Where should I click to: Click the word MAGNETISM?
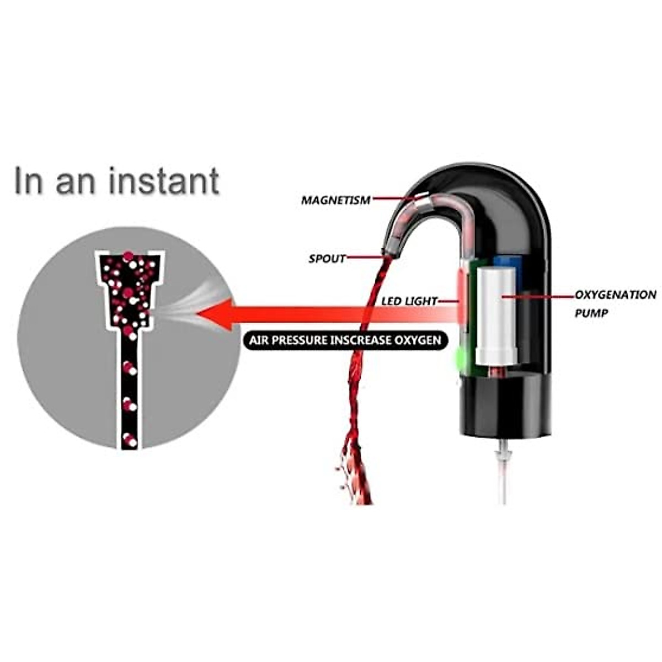[x=335, y=200]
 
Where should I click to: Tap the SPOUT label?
[x=327, y=258]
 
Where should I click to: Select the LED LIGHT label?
[x=409, y=301]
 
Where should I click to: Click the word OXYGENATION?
[x=615, y=295]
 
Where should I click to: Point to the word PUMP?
[x=591, y=313]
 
